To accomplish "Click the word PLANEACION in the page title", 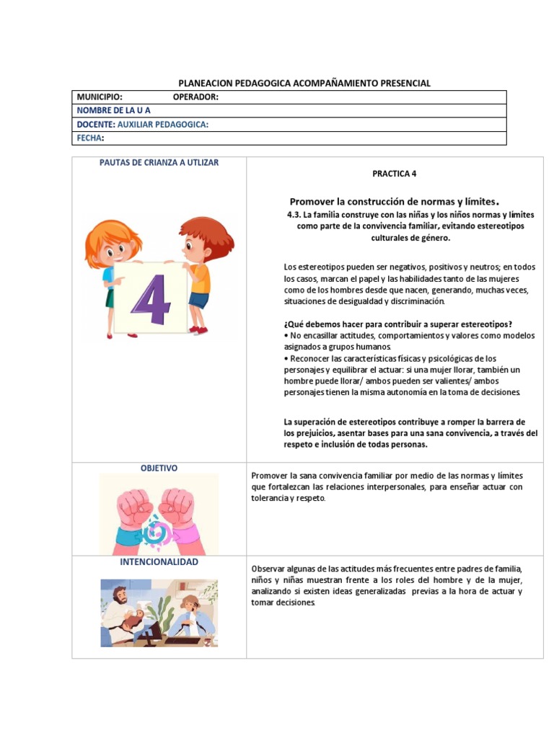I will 206,83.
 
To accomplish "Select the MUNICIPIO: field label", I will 100,97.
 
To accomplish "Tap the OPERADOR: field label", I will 195,97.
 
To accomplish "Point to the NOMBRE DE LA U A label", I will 113,110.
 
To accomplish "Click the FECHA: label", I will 90,138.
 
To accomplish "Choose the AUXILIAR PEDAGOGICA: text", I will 163,124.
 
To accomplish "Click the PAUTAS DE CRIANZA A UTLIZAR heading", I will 159,162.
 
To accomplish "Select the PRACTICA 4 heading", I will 395,174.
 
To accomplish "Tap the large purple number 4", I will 151,298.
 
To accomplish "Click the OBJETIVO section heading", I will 159,468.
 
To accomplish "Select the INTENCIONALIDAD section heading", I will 159,561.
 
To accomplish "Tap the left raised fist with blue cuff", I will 132,508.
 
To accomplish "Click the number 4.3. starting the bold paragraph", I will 294,215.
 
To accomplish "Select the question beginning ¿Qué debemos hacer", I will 398,324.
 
